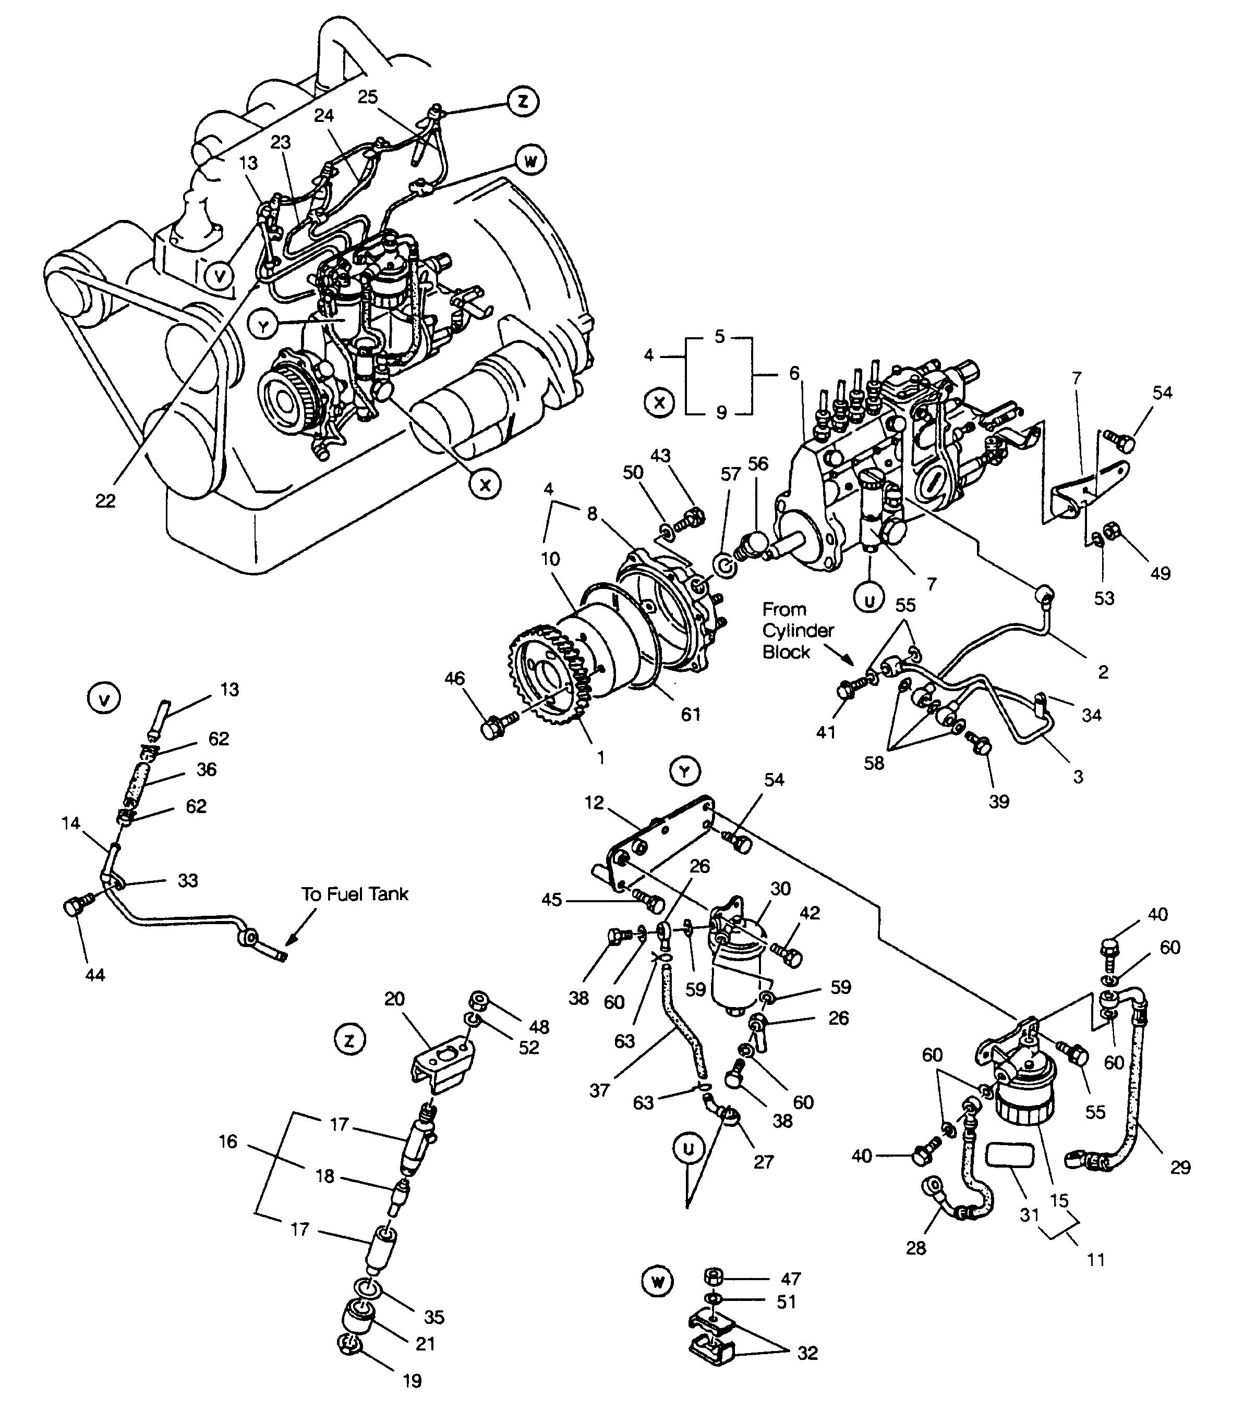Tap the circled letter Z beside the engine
coord(523,101)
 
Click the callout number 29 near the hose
coord(1180,1167)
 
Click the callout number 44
coord(95,975)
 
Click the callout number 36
coord(206,769)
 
